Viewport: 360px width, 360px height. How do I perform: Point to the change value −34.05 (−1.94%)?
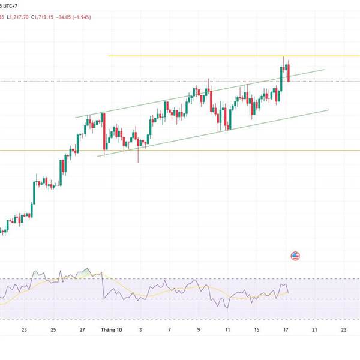point(95,17)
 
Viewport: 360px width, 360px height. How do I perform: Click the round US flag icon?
point(295,256)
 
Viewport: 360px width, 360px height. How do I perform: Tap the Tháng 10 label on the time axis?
point(112,329)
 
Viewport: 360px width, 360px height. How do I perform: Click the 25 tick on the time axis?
point(53,329)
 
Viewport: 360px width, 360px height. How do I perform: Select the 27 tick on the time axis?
point(82,329)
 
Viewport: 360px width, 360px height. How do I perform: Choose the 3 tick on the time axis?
point(140,329)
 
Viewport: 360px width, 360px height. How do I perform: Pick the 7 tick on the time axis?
point(170,329)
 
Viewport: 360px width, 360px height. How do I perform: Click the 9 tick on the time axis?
point(199,329)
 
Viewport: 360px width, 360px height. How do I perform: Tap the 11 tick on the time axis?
point(227,329)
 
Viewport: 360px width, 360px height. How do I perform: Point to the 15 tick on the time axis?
point(256,329)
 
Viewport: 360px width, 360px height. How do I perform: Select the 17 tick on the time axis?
point(286,329)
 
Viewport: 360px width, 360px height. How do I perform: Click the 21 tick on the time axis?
point(314,329)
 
